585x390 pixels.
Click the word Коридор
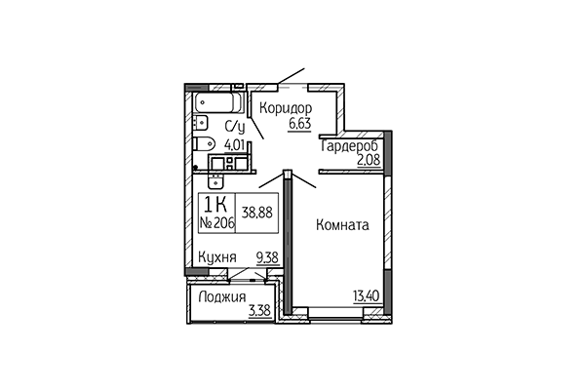[285, 107]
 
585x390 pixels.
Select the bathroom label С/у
[234, 127]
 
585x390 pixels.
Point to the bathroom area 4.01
[235, 143]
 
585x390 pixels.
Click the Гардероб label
[349, 145]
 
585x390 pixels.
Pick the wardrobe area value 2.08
[369, 161]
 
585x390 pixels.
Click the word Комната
[341, 225]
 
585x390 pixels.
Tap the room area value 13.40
[367, 298]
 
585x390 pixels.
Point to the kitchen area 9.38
[265, 258]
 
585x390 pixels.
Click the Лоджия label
[219, 297]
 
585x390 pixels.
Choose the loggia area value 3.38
[259, 312]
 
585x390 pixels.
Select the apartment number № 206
[219, 224]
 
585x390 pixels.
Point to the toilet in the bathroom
[205, 144]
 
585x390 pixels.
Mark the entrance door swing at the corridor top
[291, 78]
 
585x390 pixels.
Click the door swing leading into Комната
[305, 181]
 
